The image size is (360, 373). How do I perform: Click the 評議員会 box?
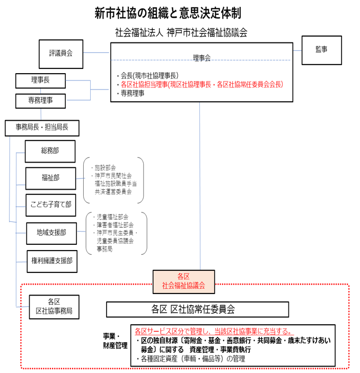61,54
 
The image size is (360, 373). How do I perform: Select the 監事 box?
321,50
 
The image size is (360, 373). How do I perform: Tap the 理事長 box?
40,81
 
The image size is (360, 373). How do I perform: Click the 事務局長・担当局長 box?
41,127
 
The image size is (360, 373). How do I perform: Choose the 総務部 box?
50,151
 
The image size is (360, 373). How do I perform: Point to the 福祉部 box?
50,178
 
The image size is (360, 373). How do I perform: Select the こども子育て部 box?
50,205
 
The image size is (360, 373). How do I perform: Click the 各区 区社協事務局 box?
54,307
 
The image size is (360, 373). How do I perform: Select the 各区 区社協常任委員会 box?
197,309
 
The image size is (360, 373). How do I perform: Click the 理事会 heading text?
201,58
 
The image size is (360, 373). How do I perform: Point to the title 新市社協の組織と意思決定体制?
168,13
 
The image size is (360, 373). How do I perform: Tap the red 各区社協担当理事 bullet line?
201,84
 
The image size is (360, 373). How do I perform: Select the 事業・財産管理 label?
115,341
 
